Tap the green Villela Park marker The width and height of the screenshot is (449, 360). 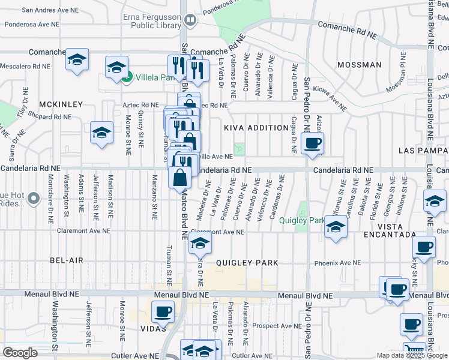[127, 77]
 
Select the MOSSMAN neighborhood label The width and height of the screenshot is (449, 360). [360, 65]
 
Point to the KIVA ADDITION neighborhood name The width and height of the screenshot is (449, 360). [256, 128]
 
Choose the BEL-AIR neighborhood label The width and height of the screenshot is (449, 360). [66, 260]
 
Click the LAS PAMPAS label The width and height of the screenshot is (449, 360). [423, 149]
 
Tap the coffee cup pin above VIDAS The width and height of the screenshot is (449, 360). [163, 312]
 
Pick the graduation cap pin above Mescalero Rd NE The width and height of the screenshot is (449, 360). [77, 59]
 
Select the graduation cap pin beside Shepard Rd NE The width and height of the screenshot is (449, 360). [101, 132]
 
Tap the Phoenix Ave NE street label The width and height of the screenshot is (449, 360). [338, 263]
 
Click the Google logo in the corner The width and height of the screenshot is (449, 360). [20, 353]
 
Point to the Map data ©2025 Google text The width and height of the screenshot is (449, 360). [411, 355]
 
